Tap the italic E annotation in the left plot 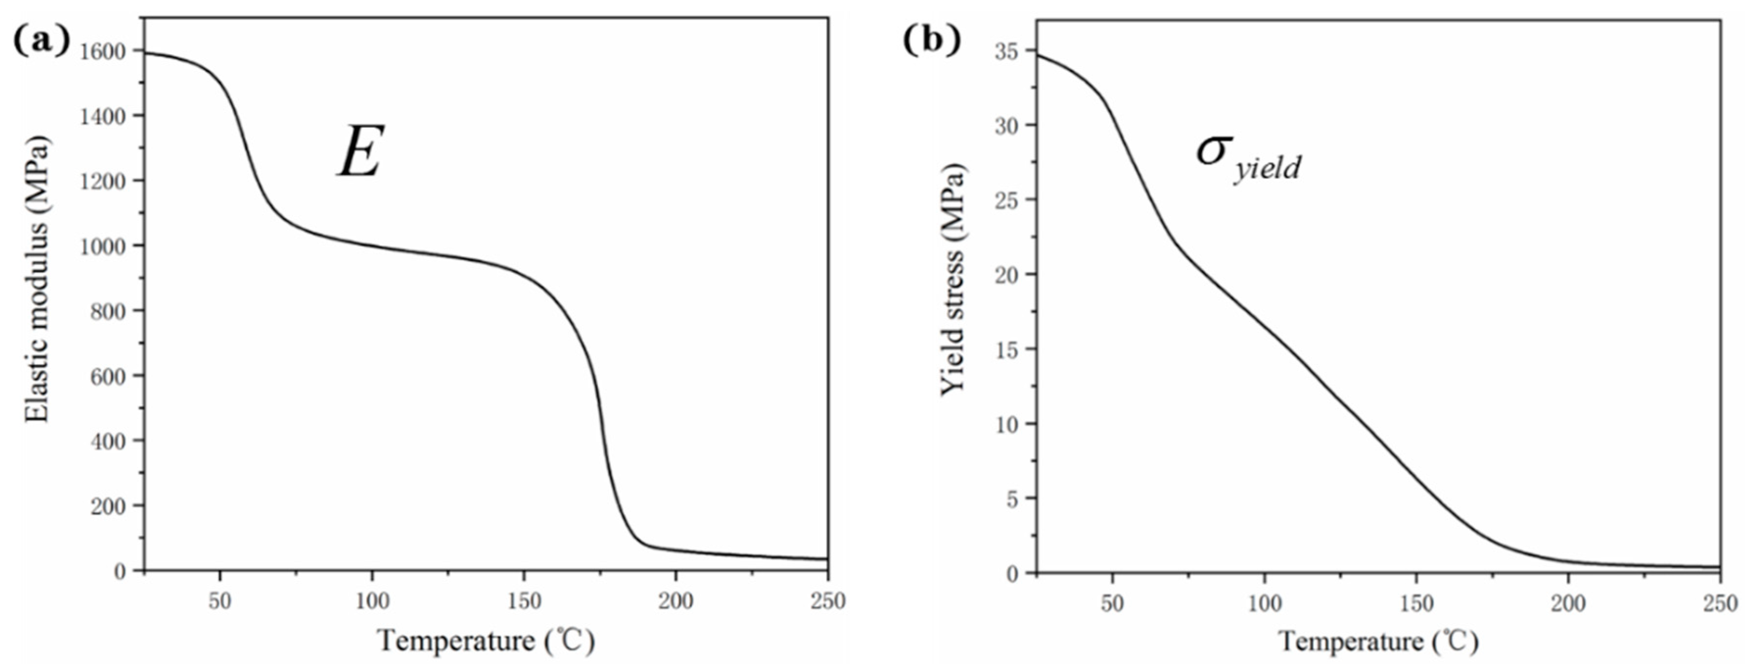tap(361, 152)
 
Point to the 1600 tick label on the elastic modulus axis tap(102, 51)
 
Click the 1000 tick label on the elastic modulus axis tap(102, 246)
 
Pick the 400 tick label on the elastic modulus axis tap(108, 441)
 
